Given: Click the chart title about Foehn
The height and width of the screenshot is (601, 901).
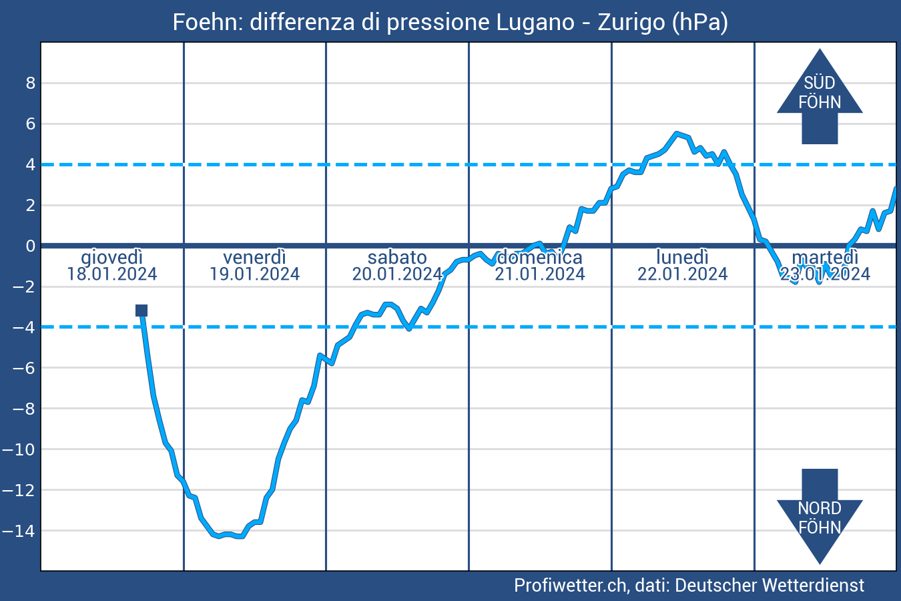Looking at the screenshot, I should (x=450, y=22).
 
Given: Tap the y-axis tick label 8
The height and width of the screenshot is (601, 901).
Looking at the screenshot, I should (x=30, y=83).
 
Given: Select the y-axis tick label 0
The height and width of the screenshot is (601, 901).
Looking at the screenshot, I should (x=30, y=246).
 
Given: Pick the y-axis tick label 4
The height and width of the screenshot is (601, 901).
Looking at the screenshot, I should (x=30, y=164).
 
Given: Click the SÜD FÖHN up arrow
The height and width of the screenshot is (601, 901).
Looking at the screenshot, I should (x=820, y=93).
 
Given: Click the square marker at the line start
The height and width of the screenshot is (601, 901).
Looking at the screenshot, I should (x=141, y=310).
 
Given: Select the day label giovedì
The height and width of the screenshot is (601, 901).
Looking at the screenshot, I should (x=112, y=257).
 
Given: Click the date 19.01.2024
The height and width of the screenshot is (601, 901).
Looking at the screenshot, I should (x=254, y=274).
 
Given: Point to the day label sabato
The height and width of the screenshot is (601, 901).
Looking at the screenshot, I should (x=397, y=257).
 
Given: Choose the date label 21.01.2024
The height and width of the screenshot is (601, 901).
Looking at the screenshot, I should (x=540, y=274).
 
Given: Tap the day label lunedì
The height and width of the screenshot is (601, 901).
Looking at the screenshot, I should (x=682, y=257).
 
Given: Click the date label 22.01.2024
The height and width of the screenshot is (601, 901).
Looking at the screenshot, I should (x=682, y=274).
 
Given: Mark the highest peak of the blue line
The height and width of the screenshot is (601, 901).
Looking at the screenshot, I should (x=677, y=134).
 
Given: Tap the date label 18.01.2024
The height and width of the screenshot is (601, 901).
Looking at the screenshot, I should (x=112, y=274).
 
